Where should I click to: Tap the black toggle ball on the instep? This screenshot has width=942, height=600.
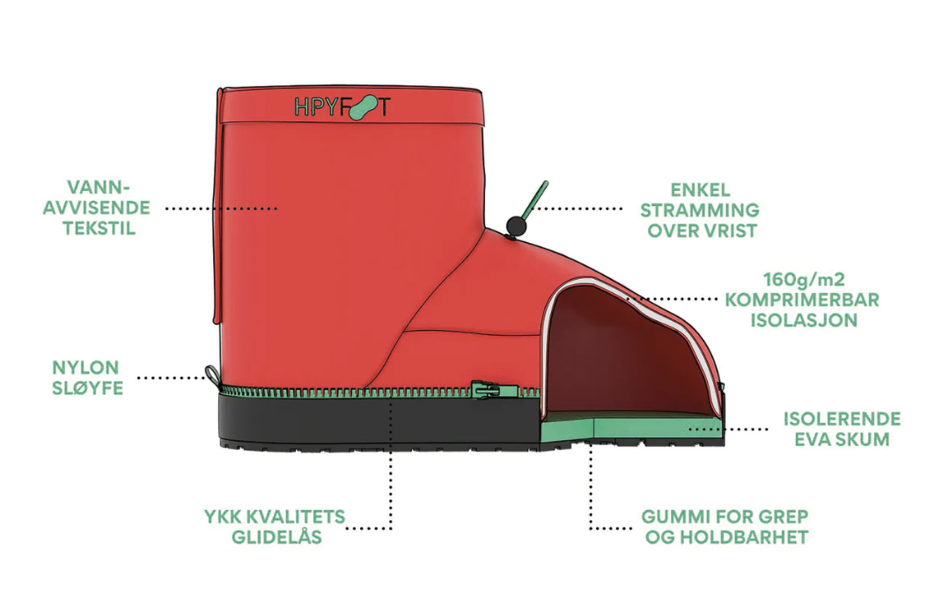(516, 226)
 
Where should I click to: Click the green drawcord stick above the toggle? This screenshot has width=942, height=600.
(534, 200)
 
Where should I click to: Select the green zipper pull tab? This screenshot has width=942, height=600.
(485, 391)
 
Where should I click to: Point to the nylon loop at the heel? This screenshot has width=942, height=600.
(211, 374)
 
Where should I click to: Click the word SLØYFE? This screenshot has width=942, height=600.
(88, 388)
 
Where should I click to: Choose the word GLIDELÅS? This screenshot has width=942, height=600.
(277, 537)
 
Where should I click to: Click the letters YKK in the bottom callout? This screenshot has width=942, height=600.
(222, 516)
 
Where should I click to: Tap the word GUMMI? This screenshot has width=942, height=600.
(669, 516)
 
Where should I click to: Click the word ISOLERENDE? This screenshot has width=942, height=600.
(842, 419)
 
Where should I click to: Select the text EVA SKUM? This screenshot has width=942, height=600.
(842, 439)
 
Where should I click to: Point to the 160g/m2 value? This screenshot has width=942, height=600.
(804, 279)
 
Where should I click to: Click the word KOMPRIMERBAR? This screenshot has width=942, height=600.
(802, 299)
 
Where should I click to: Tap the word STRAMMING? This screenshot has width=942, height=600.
(700, 210)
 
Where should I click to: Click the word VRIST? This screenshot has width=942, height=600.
(730, 230)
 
